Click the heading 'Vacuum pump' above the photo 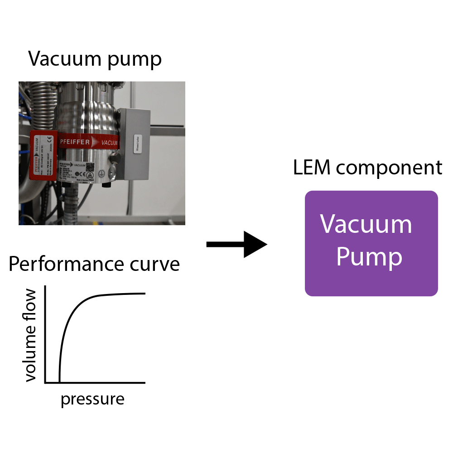[95, 59]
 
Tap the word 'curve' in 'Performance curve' [155, 264]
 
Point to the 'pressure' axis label [92, 399]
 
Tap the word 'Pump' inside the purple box [369, 257]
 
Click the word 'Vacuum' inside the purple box [366, 224]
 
